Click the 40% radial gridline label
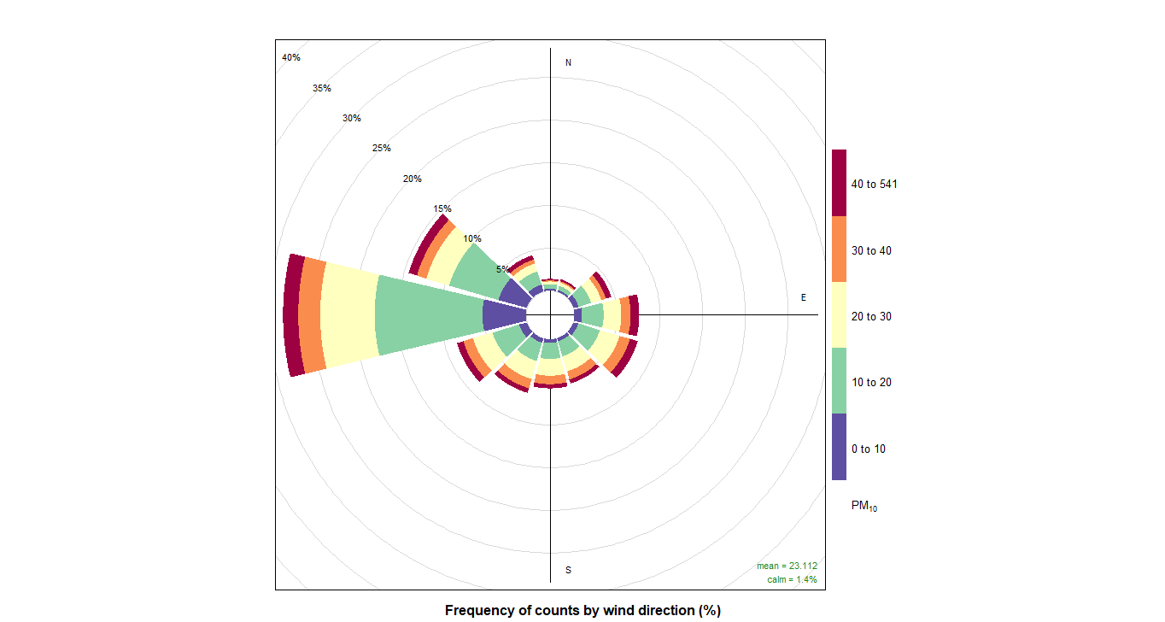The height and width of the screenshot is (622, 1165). point(291,57)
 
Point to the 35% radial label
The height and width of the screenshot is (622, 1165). point(321,88)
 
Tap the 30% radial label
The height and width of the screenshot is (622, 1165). point(352,118)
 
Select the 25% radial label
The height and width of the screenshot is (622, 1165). point(381,148)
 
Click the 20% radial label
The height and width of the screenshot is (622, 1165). point(413,179)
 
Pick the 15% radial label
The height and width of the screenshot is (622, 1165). point(442,208)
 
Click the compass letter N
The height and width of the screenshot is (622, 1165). point(569,63)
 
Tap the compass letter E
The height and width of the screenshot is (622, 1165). point(803,297)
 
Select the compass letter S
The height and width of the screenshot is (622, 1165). point(569,570)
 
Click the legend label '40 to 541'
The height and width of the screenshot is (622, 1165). point(874,184)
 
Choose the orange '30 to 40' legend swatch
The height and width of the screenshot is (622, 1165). point(840,249)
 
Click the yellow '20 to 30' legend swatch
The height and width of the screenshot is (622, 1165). point(840,315)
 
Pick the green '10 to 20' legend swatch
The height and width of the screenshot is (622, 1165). point(840,381)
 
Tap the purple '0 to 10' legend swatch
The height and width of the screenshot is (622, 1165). point(840,447)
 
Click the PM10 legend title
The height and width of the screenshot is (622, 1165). point(864,507)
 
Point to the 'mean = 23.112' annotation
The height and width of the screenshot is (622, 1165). point(787,566)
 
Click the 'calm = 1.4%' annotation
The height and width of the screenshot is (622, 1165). point(792,579)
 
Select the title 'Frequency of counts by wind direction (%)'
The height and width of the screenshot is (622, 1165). point(582,610)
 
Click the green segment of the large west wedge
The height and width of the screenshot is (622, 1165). point(427,315)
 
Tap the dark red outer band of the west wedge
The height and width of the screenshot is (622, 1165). point(294,315)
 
